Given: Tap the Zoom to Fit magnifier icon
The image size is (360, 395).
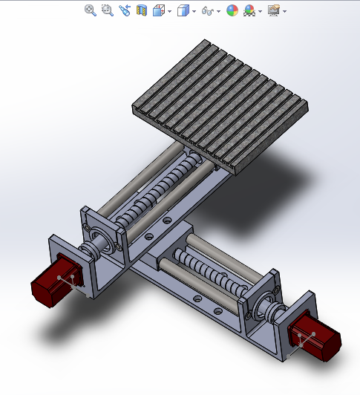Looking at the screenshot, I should (91, 10).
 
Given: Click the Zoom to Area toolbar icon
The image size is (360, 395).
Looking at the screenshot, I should (107, 10).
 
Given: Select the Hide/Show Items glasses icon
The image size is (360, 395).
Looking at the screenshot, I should (208, 10).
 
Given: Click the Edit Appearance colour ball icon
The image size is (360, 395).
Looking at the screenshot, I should (232, 10).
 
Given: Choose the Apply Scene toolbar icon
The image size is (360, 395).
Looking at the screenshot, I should (249, 10).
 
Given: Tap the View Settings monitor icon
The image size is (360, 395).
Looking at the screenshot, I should (273, 10).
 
